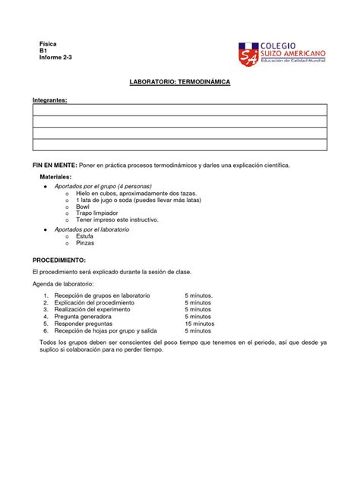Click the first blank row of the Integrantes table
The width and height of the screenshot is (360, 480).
click(179, 109)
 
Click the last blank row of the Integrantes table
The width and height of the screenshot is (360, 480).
click(179, 144)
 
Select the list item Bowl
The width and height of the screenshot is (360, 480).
click(84, 207)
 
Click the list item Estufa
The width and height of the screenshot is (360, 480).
click(85, 235)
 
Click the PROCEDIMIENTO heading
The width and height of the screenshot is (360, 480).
click(65, 259)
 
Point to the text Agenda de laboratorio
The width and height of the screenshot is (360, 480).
click(69, 283)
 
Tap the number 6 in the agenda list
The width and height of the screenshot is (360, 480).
click(46, 331)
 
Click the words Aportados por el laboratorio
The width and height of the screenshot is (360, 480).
click(97, 229)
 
